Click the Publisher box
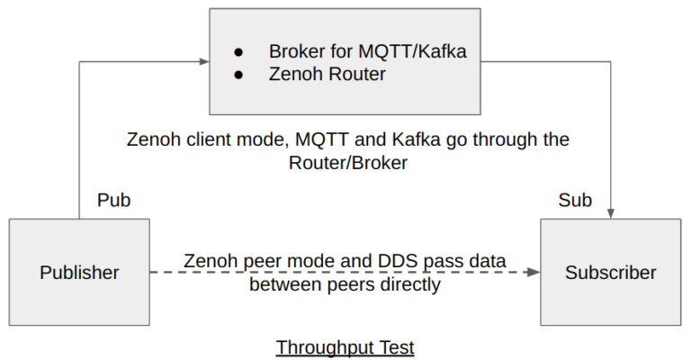tap(79, 272)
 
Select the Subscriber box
tap(610, 272)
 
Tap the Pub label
tap(113, 200)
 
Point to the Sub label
tap(575, 200)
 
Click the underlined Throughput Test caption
tap(345, 346)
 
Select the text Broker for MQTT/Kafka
tap(367, 51)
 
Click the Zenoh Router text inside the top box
tap(327, 74)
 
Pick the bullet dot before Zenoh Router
tap(238, 75)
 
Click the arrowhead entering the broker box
tap(204, 62)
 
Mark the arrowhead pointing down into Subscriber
tap(611, 213)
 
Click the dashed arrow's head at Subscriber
tap(534, 272)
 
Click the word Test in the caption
tap(395, 346)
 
